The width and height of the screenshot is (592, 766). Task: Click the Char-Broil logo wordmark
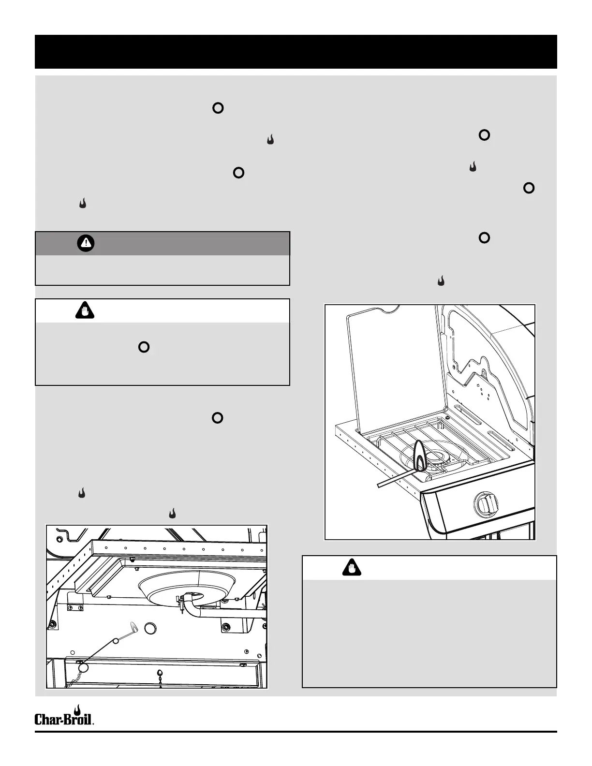[63, 720]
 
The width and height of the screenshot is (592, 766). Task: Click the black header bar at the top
[296, 52]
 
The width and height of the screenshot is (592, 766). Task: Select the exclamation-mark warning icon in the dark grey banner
[86, 244]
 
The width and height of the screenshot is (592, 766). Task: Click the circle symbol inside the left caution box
[144, 347]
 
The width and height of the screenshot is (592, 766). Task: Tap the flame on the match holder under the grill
[134, 626]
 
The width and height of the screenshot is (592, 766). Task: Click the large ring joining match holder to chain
[83, 668]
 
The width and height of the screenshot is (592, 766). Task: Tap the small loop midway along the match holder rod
[116, 642]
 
